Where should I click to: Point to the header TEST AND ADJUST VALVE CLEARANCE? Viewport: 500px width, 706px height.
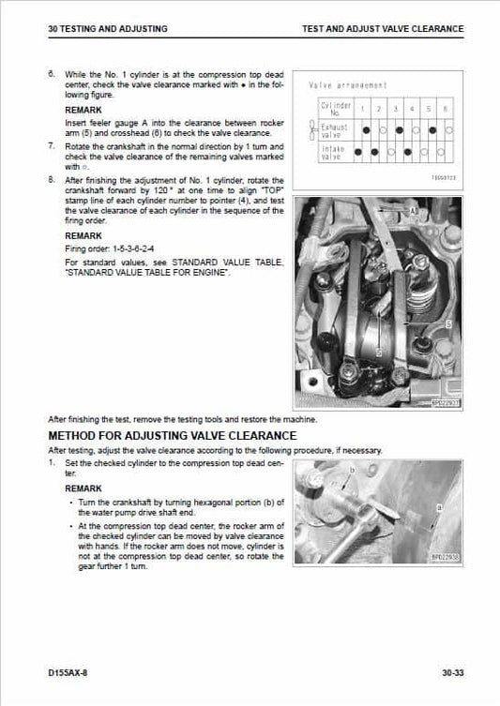[383, 29]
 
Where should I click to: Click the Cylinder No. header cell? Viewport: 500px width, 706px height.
[336, 111]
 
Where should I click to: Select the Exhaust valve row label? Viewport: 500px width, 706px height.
[336, 131]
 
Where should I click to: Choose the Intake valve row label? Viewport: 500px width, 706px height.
[336, 151]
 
